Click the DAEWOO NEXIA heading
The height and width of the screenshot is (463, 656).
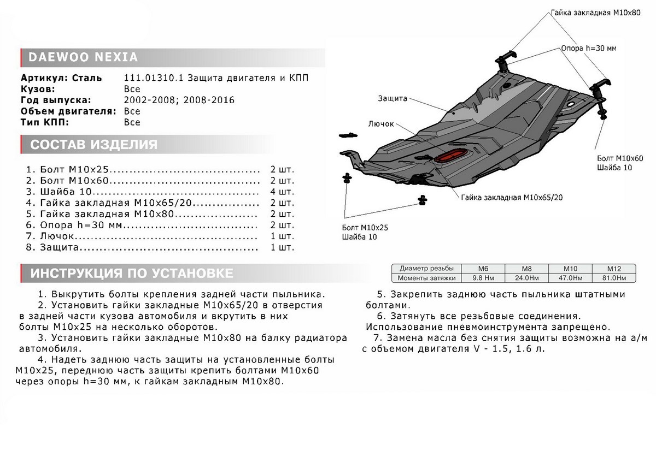79,57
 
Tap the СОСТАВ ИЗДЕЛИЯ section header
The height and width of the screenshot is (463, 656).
93,145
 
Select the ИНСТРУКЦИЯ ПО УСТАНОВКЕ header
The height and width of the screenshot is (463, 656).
132,273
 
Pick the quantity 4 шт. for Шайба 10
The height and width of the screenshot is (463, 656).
282,192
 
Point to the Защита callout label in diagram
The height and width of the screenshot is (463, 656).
393,99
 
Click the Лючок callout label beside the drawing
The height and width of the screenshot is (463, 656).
381,124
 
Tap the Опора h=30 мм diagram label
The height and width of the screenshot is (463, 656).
588,48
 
